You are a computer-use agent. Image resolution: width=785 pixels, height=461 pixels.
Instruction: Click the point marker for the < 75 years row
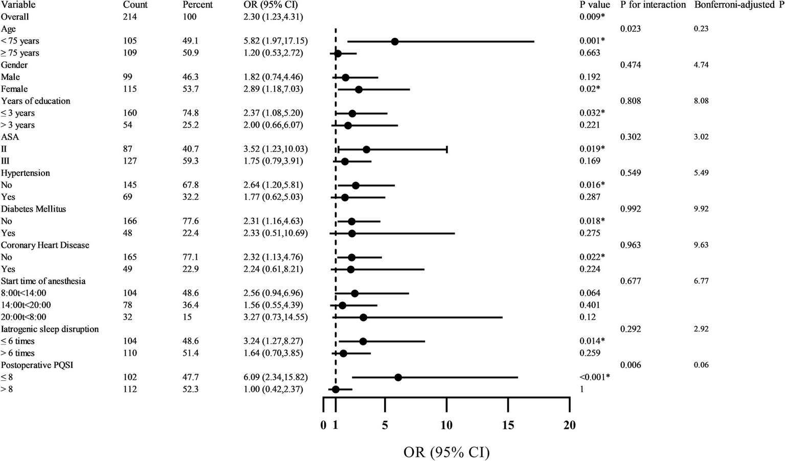click(x=395, y=41)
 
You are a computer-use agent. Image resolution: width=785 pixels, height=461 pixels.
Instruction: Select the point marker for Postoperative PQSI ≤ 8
click(x=398, y=377)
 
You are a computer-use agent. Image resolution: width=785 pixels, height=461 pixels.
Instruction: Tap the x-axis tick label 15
click(x=508, y=425)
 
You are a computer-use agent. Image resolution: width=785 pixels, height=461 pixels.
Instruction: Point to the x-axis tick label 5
click(x=385, y=425)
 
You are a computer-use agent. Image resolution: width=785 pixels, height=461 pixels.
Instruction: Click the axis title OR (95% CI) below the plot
click(x=446, y=452)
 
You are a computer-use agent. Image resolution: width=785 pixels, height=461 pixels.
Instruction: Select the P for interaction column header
click(x=653, y=5)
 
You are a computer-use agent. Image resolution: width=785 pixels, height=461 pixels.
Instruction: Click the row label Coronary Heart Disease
click(x=45, y=245)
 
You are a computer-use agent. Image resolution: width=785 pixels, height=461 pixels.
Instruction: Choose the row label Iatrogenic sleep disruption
click(x=50, y=329)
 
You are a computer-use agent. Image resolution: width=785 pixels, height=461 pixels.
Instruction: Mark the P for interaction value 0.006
click(x=630, y=365)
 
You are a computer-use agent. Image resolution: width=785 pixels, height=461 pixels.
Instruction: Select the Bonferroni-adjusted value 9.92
click(x=701, y=209)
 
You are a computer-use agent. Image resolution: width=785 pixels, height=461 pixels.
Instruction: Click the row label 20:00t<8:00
click(x=24, y=317)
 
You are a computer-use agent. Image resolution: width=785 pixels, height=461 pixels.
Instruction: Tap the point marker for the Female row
click(x=358, y=89)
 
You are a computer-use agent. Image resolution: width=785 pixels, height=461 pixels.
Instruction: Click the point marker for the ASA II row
click(x=366, y=149)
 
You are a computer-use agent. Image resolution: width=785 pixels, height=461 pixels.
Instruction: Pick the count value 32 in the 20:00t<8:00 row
click(x=127, y=317)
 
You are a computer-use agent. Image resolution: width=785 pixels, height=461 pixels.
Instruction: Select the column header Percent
click(x=197, y=5)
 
